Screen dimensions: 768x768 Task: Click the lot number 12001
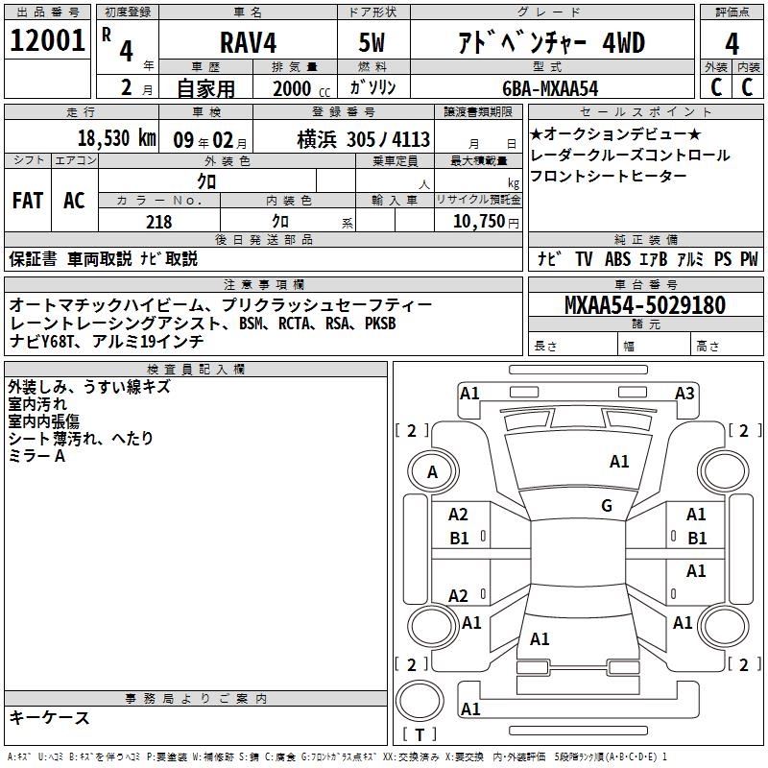pyautogui.click(x=47, y=41)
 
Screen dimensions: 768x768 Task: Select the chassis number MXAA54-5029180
pyautogui.click(x=644, y=305)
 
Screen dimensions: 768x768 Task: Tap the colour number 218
pyautogui.click(x=158, y=222)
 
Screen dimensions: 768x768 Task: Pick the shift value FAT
pyautogui.click(x=28, y=200)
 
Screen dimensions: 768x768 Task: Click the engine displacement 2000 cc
pyautogui.click(x=298, y=88)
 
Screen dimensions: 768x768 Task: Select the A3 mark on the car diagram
pyautogui.click(x=684, y=393)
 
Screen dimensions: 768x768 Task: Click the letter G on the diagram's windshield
pyautogui.click(x=607, y=506)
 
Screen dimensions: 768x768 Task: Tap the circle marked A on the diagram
pyautogui.click(x=432, y=471)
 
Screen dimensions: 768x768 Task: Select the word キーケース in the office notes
pyautogui.click(x=49, y=717)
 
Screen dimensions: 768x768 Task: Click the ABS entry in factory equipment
pyautogui.click(x=617, y=258)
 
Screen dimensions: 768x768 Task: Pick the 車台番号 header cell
pyautogui.click(x=644, y=285)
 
